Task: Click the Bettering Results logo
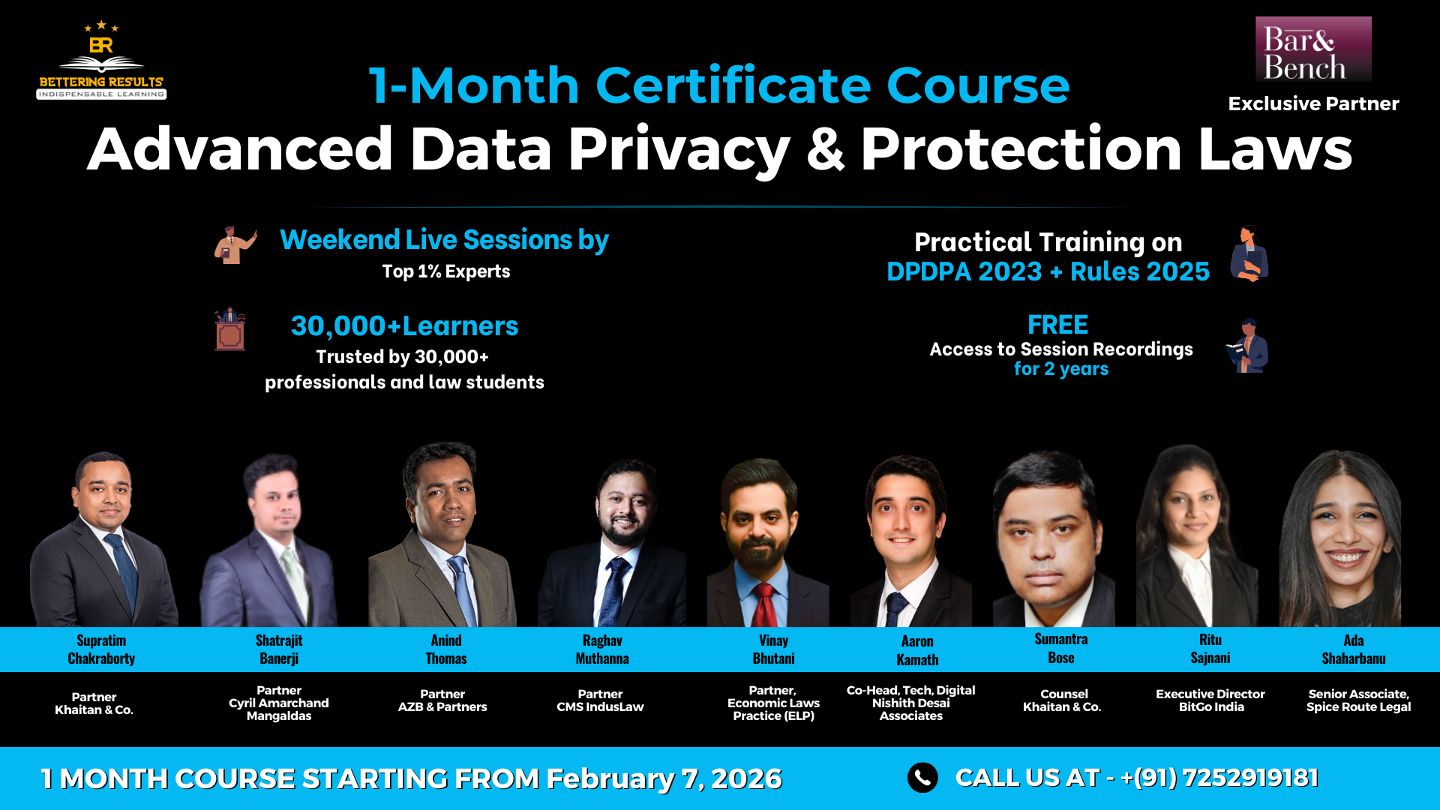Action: point(101,60)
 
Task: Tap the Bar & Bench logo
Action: point(1313,49)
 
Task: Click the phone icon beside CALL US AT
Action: point(922,778)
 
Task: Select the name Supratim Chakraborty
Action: point(101,649)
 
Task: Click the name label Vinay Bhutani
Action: point(773,649)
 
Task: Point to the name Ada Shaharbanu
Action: point(1354,649)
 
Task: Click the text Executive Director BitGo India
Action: point(1210,700)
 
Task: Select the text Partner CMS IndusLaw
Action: point(600,700)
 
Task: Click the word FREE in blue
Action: point(1057,325)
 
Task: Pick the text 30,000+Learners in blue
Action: point(404,326)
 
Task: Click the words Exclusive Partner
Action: point(1313,103)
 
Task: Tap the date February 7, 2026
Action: point(664,778)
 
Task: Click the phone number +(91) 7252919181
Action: point(1219,778)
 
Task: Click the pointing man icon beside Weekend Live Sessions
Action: point(235,244)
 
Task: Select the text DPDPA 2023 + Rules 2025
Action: point(1048,271)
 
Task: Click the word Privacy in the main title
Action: point(678,150)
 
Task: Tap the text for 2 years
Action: point(1061,369)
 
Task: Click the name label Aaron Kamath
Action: point(917,650)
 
